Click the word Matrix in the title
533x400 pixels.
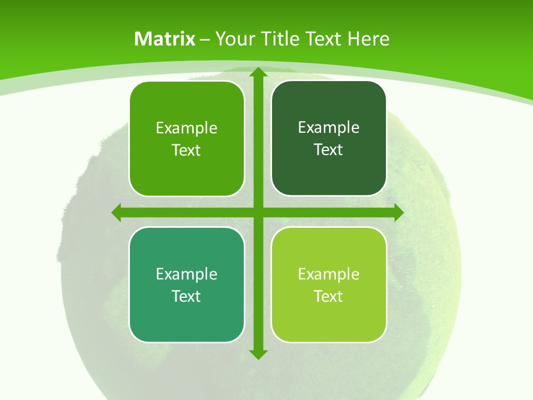click(164, 39)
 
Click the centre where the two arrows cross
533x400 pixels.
click(258, 212)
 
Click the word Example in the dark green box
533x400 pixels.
click(329, 128)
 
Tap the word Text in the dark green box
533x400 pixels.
click(329, 149)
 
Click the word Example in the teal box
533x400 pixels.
click(187, 274)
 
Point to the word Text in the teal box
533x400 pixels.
click(187, 296)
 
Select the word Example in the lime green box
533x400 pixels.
click(329, 274)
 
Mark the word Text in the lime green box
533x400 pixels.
click(329, 296)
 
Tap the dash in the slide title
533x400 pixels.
click(205, 39)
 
